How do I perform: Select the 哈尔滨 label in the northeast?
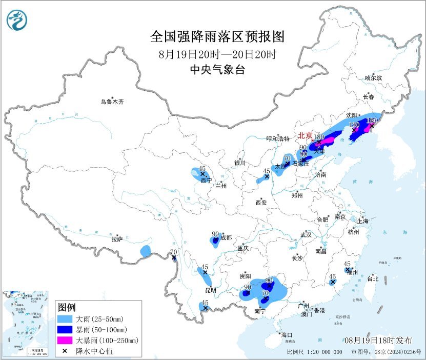tap(373, 77)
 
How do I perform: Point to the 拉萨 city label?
tap(117, 238)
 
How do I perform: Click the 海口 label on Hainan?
tap(287, 334)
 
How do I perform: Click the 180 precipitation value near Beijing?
tap(319, 137)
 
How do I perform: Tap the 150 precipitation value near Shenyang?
tap(372, 119)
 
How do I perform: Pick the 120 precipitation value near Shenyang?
tap(354, 125)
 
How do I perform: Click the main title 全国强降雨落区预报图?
tap(217, 37)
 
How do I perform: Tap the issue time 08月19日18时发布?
tap(378, 341)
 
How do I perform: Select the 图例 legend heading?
tap(67, 308)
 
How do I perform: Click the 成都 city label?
tap(226, 237)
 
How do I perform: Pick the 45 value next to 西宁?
tap(202, 169)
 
